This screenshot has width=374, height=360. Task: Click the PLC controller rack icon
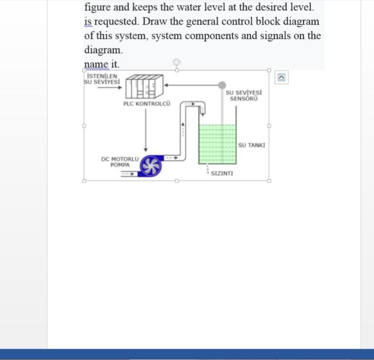pyautogui.click(x=144, y=85)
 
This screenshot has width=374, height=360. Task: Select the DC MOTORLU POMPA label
pyautogui.click(x=120, y=162)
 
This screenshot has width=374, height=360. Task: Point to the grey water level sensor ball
pyautogui.click(x=222, y=85)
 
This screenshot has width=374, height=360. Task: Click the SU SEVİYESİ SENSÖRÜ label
pyautogui.click(x=243, y=95)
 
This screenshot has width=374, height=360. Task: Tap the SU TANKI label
pyautogui.click(x=252, y=145)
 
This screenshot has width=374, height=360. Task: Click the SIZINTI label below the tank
pyautogui.click(x=222, y=173)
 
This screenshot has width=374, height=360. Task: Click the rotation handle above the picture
pyautogui.click(x=177, y=62)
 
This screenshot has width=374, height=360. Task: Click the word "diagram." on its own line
pyautogui.click(x=103, y=49)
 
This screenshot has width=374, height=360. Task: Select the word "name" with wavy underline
pyautogui.click(x=95, y=64)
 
